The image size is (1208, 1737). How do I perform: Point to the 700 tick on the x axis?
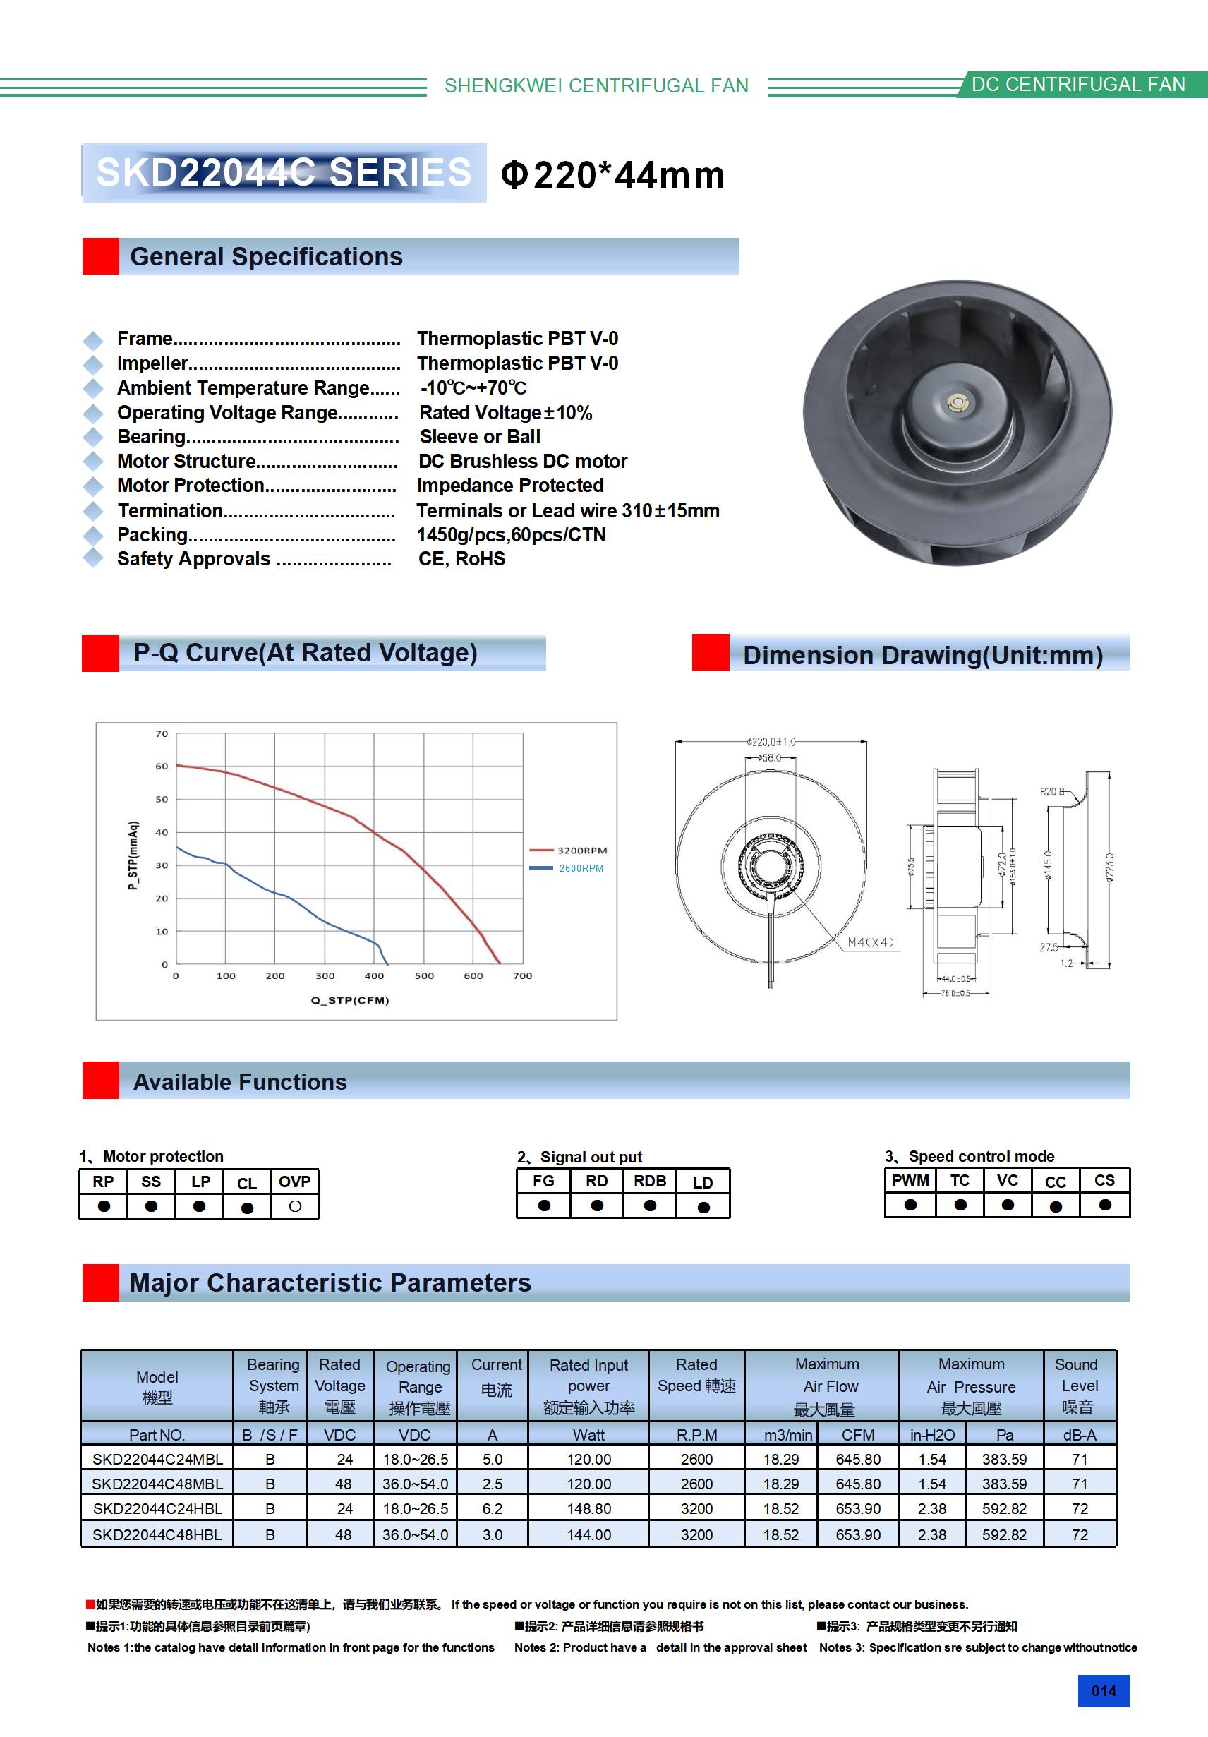tap(523, 976)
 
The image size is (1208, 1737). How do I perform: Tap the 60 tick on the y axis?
tap(162, 767)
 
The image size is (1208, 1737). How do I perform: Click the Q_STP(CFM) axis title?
tap(350, 1000)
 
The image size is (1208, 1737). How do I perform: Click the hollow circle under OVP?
tap(295, 1207)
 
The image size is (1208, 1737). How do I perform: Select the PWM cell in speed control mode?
tap(910, 1181)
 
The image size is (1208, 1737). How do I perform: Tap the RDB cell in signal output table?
tap(650, 1182)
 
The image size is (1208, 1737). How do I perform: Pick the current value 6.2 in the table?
tap(493, 1508)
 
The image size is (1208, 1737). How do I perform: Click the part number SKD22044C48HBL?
tap(157, 1534)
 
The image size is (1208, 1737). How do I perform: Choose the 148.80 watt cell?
tap(588, 1508)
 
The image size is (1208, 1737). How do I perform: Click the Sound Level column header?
tap(1079, 1386)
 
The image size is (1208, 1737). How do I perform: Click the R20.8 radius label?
tap(1051, 791)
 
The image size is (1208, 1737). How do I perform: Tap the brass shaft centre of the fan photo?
tap(958, 402)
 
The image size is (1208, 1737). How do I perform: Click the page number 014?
tap(1103, 1691)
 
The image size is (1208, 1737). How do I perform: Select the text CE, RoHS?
tap(461, 559)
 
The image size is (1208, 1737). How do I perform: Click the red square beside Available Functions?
tap(101, 1081)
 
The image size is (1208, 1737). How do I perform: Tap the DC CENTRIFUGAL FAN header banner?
tap(1078, 85)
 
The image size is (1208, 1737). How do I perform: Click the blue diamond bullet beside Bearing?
tap(93, 438)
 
